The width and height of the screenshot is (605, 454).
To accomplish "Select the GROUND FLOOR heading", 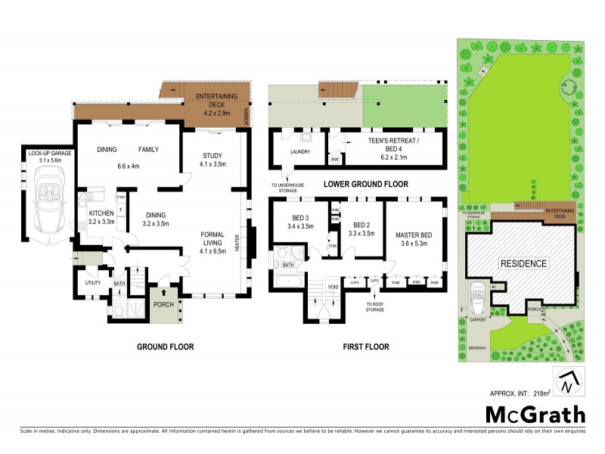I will [x=165, y=347].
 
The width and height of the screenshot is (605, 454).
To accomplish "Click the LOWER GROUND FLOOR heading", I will [x=366, y=185].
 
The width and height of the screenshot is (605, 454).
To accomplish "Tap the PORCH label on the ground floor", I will [x=164, y=305].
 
